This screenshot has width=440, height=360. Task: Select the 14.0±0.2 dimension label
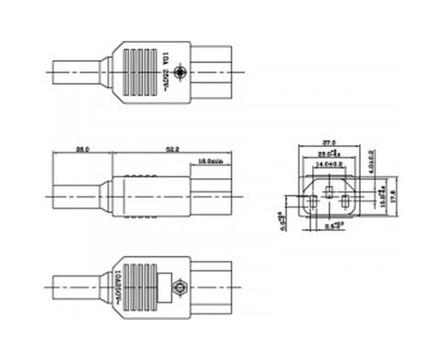(330, 163)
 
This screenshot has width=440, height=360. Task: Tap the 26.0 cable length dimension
(82, 150)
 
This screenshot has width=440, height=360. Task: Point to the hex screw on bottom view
(181, 285)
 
